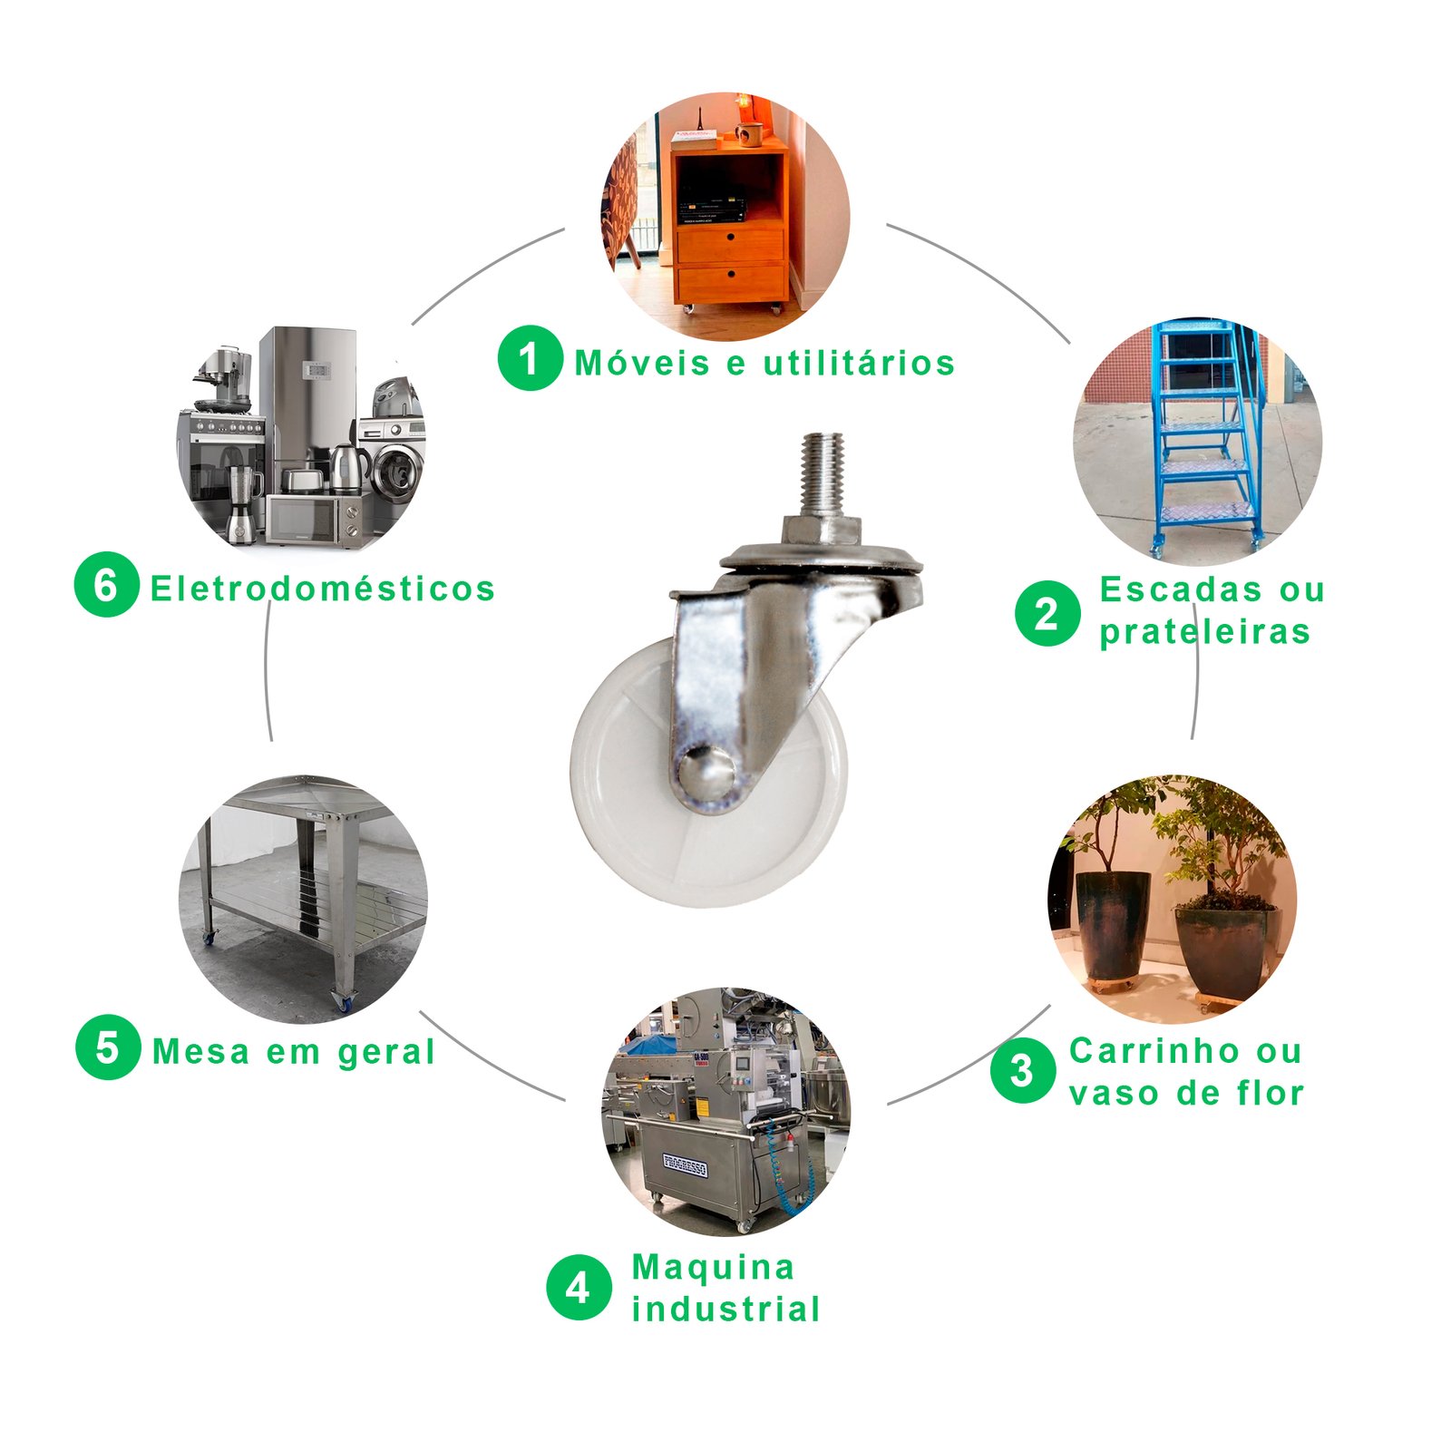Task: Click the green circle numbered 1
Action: (x=531, y=358)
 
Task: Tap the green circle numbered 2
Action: (x=1047, y=613)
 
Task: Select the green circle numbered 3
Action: (x=1023, y=1070)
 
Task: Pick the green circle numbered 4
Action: (x=579, y=1288)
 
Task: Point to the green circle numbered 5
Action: (x=108, y=1047)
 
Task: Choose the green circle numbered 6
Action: (x=106, y=585)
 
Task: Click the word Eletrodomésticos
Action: (x=323, y=589)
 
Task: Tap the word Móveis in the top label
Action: (x=642, y=363)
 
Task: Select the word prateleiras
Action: (x=1205, y=631)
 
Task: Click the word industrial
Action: (x=726, y=1309)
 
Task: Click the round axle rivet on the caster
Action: (x=706, y=772)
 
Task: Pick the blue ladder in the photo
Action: (x=1206, y=435)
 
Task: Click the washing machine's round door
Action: (x=398, y=472)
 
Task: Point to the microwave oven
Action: (x=314, y=519)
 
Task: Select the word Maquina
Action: (x=713, y=1267)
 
